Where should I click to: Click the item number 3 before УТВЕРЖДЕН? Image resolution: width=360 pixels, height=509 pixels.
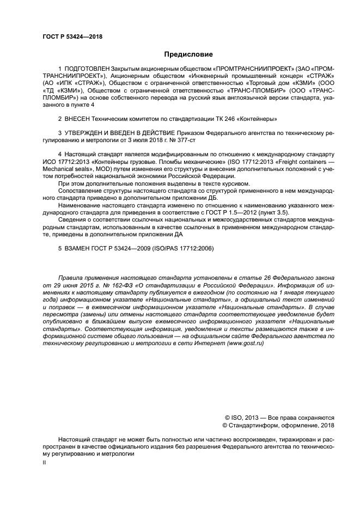point(60,133)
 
